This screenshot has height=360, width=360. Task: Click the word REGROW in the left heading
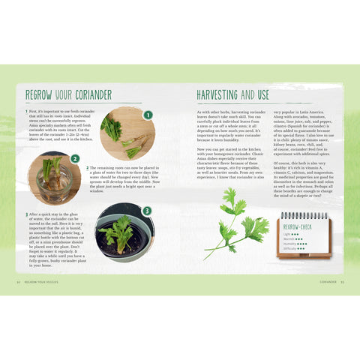pyautogui.click(x=39, y=95)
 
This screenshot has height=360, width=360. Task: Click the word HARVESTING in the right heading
pyautogui.click(x=222, y=95)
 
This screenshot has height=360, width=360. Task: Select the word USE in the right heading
pyautogui.click(x=262, y=95)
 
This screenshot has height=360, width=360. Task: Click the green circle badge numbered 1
pyautogui.click(x=148, y=115)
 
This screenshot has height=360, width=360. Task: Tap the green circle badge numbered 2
pyautogui.click(x=74, y=159)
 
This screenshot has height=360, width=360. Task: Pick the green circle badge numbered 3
pyautogui.click(x=146, y=211)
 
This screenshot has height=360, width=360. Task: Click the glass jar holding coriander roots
pyautogui.click(x=52, y=181)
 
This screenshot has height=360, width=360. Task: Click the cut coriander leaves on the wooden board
pyautogui.click(x=112, y=127)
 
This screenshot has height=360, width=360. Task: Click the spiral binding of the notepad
pyautogui.click(x=304, y=215)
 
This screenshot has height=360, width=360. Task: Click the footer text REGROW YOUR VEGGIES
pyautogui.click(x=44, y=282)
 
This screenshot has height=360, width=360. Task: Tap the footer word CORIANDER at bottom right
pyautogui.click(x=327, y=282)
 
